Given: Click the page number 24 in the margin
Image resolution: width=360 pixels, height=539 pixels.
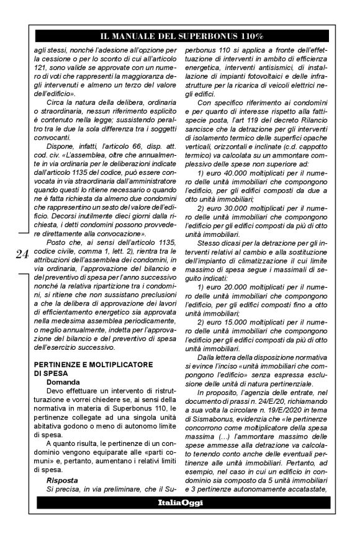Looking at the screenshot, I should [x=22, y=253].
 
